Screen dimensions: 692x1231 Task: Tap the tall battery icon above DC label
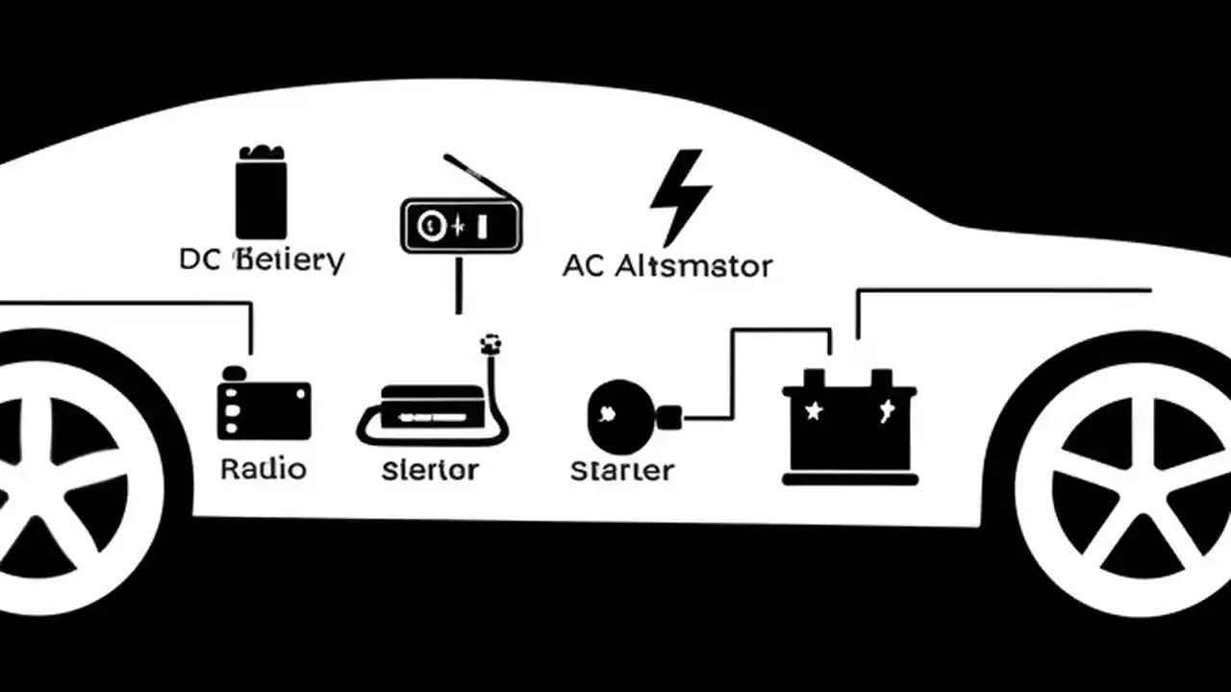[261, 193]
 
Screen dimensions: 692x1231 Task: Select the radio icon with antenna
[461, 225]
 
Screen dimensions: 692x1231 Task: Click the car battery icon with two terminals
[849, 428]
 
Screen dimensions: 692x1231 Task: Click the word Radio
[263, 469]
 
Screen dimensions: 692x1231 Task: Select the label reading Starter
[621, 471]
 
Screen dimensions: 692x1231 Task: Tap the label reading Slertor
[430, 470]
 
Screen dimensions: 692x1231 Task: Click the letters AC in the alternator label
[584, 265]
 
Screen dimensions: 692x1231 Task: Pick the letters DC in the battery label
[200, 259]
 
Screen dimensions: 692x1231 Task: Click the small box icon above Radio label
[264, 408]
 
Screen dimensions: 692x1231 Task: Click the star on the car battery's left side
[814, 411]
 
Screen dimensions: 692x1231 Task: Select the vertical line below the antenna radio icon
[459, 284]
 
